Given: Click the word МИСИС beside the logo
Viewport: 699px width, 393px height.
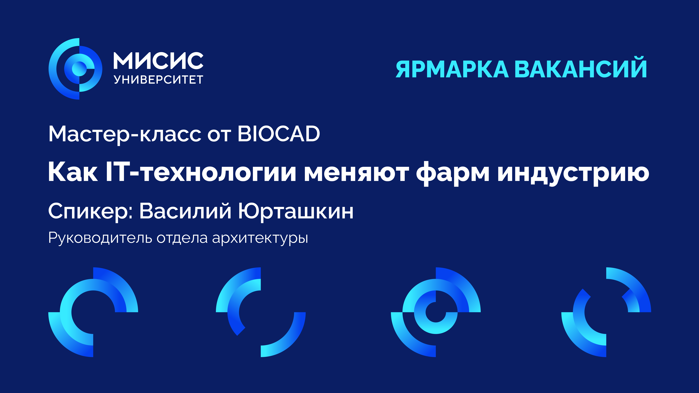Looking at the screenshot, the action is pyautogui.click(x=158, y=61).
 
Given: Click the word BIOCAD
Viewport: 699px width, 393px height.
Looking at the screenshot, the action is pyautogui.click(x=279, y=134).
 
